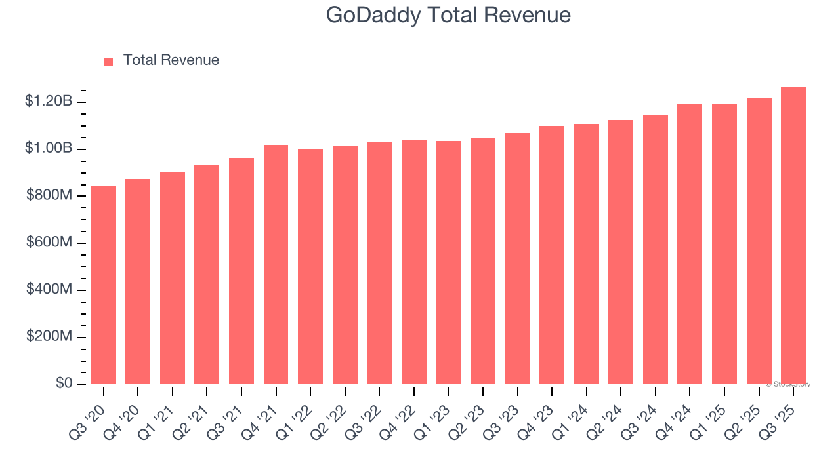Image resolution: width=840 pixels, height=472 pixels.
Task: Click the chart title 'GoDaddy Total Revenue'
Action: coord(448,15)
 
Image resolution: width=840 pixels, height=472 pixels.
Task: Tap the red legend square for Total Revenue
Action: coord(109,61)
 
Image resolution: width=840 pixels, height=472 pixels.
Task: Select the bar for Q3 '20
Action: coord(104,285)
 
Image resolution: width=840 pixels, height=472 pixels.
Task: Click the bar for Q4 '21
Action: coord(276,264)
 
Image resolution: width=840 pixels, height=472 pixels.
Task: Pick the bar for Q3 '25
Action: coord(793,236)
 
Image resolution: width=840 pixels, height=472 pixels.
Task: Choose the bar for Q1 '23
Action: coord(448,262)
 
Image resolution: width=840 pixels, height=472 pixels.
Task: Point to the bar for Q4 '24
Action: coord(690,244)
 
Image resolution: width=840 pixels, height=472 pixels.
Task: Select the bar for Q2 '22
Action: coord(345,265)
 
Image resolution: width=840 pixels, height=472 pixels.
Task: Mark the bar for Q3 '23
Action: coord(517,258)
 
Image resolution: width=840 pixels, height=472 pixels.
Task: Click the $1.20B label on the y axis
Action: coord(48,102)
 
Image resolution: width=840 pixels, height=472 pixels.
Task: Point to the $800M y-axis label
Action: coord(49,195)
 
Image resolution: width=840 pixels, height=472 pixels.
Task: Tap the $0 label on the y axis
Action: coord(64,383)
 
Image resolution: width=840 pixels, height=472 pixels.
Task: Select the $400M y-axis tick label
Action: coord(49,289)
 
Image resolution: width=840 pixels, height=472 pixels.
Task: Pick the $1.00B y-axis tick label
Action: coord(48,149)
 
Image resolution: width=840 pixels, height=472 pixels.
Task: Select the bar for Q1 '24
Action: coord(586,254)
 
